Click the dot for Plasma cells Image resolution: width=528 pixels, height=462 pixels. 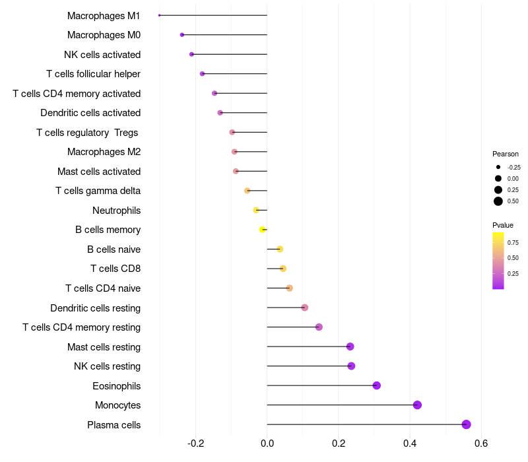point(466,424)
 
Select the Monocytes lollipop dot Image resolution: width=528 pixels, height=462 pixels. point(417,405)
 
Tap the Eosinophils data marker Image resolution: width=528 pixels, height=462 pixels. point(376,385)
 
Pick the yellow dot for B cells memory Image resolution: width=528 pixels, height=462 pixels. point(262,230)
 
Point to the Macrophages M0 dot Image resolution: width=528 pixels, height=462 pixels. point(182,34)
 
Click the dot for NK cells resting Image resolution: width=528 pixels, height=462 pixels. point(351,366)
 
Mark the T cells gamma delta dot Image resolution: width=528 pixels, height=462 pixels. point(247,191)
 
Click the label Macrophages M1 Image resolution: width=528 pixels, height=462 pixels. point(104,15)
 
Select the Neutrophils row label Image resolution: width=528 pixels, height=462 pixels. point(116,211)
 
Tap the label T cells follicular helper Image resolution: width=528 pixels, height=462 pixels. point(93,74)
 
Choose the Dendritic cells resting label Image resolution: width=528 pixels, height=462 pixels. point(95,308)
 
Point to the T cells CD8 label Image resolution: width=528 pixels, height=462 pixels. point(115,269)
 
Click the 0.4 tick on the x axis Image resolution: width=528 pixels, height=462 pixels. point(410,443)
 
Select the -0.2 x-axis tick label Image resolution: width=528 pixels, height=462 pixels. point(195,443)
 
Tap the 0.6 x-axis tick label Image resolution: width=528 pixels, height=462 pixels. point(481,443)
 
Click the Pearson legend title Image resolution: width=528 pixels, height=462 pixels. point(506,154)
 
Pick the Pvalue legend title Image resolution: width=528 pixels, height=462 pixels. point(503,225)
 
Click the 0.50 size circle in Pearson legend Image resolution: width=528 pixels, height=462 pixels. point(498,201)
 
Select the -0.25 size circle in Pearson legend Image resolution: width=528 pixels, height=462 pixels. point(498,167)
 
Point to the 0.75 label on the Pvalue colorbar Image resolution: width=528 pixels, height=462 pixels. point(513,242)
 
